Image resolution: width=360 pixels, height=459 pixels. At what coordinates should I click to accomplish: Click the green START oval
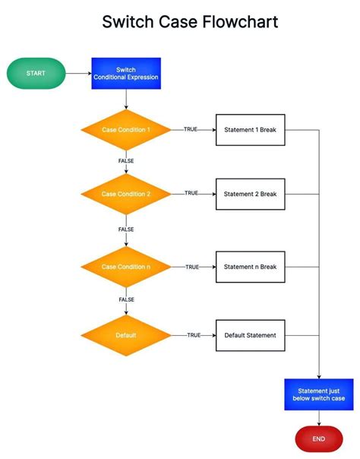point(36,74)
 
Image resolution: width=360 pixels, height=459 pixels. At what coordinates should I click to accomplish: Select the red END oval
point(318,438)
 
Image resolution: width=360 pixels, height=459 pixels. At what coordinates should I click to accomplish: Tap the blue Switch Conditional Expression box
point(126,74)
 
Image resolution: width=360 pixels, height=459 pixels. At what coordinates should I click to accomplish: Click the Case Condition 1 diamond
point(126,130)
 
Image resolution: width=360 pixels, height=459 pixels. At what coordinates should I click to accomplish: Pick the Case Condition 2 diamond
point(126,195)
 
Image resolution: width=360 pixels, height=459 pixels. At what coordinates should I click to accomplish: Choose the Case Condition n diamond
point(126,267)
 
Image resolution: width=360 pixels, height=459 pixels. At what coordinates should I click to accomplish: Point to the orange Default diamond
point(126,335)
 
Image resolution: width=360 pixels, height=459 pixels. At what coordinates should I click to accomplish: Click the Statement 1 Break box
point(250,130)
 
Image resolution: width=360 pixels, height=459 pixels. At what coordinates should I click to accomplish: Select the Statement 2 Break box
point(250,195)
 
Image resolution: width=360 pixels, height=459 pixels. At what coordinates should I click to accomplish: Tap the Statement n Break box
point(250,267)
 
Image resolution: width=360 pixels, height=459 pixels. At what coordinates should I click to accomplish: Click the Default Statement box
point(250,335)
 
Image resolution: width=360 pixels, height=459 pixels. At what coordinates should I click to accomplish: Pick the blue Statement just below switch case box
point(318,394)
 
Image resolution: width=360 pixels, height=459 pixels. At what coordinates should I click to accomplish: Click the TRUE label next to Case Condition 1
point(191,130)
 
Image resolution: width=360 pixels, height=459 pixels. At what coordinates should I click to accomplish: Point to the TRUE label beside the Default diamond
point(194,335)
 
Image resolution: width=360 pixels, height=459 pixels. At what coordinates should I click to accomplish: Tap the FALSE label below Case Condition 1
point(126,161)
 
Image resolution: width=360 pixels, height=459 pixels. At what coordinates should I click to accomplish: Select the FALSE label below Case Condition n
point(126,299)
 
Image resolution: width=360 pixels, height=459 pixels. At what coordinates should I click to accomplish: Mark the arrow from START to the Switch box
point(78,74)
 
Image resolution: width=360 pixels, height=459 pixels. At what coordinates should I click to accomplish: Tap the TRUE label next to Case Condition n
point(192,267)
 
